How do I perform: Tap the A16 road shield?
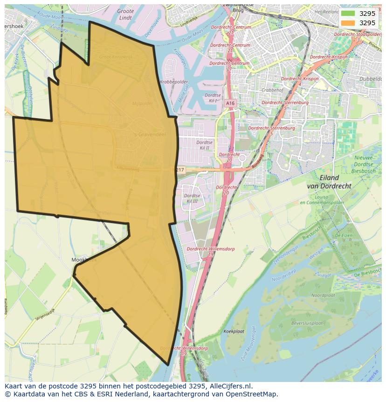[x=229, y=103]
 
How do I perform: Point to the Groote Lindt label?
[x=125, y=14]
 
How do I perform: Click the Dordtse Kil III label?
[x=192, y=198]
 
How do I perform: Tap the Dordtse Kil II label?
[x=205, y=145]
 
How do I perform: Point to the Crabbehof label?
[x=273, y=91]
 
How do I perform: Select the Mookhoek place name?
[x=84, y=260]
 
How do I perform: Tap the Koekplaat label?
[x=234, y=331]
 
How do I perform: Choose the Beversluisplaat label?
[x=307, y=323]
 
